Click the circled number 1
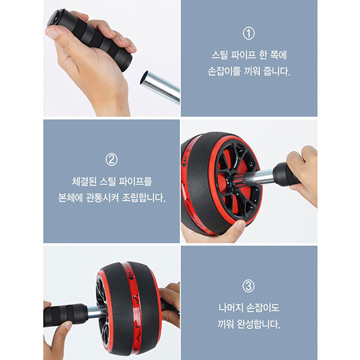249,33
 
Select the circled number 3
249,286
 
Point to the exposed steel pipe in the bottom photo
93,311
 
